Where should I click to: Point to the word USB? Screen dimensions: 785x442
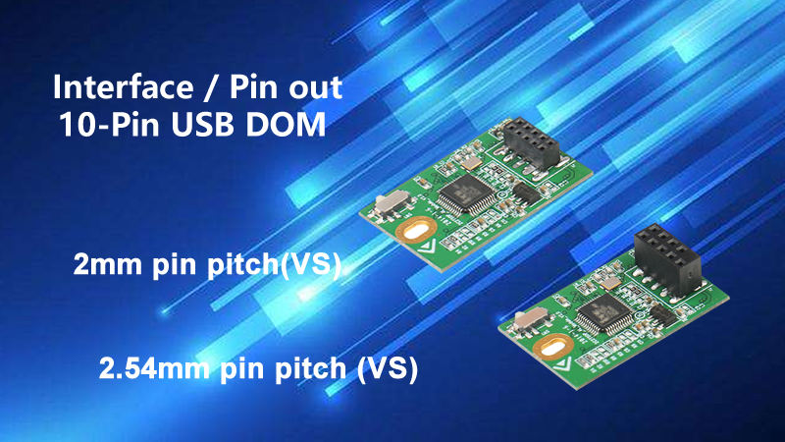pos(205,127)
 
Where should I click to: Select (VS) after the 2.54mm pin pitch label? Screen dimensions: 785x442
pos(387,369)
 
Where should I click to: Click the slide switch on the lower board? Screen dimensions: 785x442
pos(529,321)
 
